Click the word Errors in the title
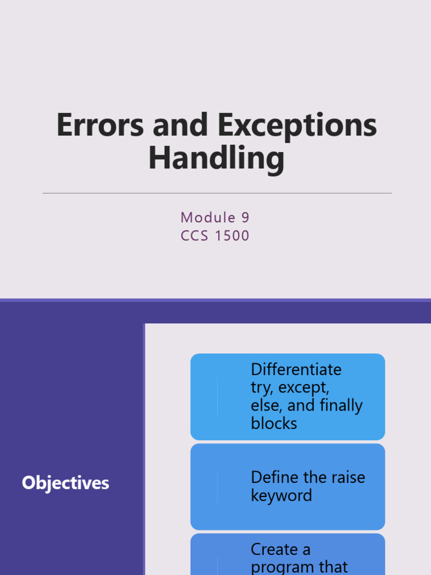pos(100,125)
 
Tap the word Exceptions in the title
pos(297,127)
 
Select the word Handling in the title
pos(217,158)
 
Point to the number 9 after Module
pos(245,217)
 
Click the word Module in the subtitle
pos(208,217)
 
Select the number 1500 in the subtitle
pos(232,235)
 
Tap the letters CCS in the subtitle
pos(194,235)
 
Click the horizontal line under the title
pos(217,193)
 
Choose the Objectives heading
pos(66,483)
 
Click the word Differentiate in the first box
pos(296,369)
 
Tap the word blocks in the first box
pos(274,423)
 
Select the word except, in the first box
pos(304,388)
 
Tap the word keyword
pos(282,496)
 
